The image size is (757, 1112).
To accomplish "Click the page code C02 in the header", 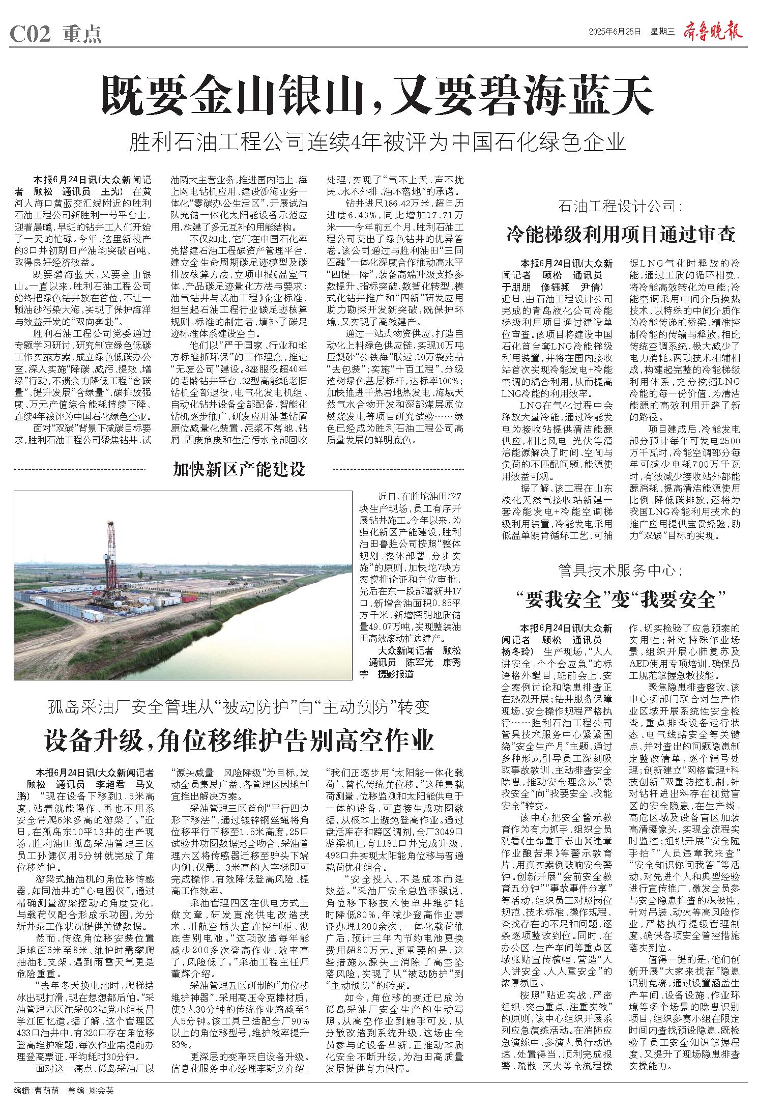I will coord(31,34).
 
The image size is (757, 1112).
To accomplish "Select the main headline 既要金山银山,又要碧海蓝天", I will coord(377,95).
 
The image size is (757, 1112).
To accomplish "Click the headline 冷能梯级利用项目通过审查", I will coord(621,234).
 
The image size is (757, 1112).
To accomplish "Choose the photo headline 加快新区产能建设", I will coord(239,469).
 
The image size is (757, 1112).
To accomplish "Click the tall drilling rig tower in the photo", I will coord(110,555).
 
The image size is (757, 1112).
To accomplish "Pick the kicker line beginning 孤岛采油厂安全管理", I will coord(239,706).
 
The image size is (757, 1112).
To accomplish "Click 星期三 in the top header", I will coord(661,32).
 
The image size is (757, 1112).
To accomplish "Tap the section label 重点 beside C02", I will coord(82,34).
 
